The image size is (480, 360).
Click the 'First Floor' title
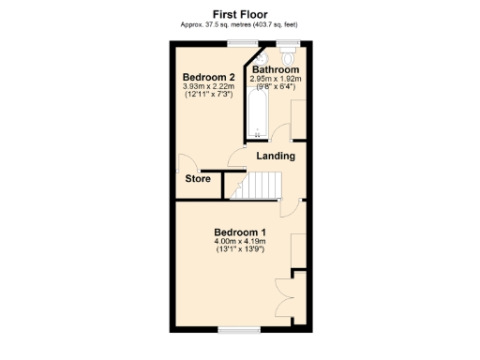point(241,14)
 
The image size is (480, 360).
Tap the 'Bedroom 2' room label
point(208,77)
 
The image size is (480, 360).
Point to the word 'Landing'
point(276,156)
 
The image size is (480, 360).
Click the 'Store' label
point(197,178)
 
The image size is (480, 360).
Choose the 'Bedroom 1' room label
point(240,232)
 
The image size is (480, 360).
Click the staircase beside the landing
point(255,187)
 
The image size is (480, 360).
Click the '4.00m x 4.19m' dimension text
point(240,242)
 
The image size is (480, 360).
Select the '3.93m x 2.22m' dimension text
point(208,87)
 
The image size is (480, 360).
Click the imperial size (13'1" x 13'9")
point(240,250)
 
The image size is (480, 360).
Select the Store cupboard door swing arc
point(183,161)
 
